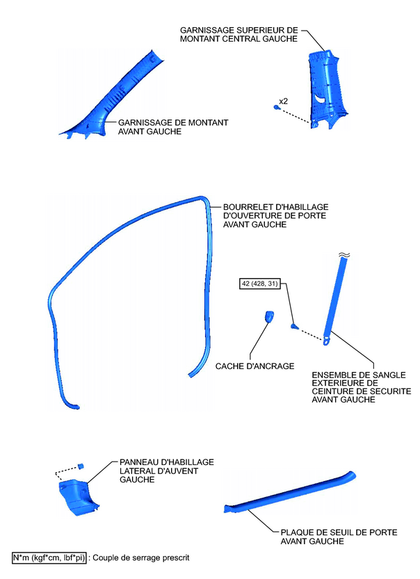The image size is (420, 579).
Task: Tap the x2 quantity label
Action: pyautogui.click(x=283, y=101)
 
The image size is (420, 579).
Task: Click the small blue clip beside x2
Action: pyautogui.click(x=277, y=108)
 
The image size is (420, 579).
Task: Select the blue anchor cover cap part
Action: pyautogui.click(x=268, y=317)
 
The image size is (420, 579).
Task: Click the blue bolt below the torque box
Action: pyautogui.click(x=295, y=325)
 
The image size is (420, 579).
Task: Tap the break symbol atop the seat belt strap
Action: pyautogui.click(x=344, y=255)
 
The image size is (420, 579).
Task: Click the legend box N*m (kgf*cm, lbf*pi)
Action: pyautogui.click(x=49, y=558)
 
